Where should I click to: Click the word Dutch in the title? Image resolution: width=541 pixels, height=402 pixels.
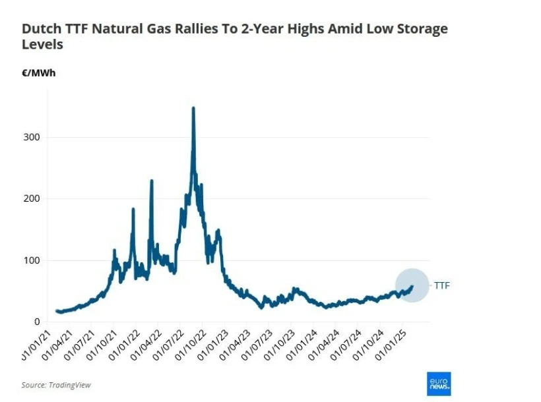(38, 29)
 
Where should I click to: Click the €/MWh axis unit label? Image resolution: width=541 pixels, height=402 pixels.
(39, 72)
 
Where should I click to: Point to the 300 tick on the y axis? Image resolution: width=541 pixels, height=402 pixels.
(32, 137)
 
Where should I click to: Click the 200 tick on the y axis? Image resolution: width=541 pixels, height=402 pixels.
(32, 198)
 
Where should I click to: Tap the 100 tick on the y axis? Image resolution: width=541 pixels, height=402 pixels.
(32, 260)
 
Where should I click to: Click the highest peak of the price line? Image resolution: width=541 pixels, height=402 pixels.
(193, 108)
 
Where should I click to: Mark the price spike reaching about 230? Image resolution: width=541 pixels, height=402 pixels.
(152, 181)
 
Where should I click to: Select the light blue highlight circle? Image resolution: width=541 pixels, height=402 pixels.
(412, 285)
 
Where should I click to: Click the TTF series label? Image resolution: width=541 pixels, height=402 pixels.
(441, 285)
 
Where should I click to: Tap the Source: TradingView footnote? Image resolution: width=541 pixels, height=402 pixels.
(56, 385)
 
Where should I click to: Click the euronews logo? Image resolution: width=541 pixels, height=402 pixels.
(439, 384)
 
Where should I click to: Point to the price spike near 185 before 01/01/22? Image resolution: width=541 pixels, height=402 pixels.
(133, 210)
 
